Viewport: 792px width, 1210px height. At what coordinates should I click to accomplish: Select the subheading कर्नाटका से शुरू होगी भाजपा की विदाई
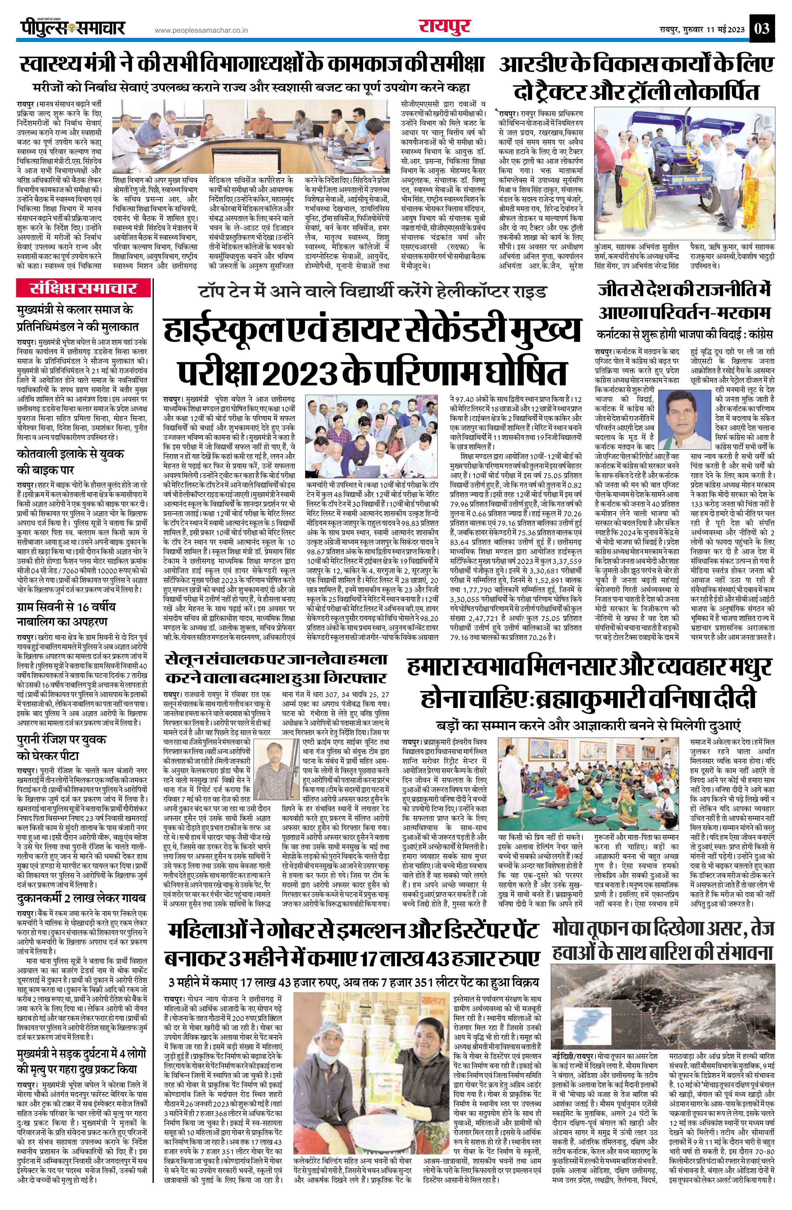tap(685, 335)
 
